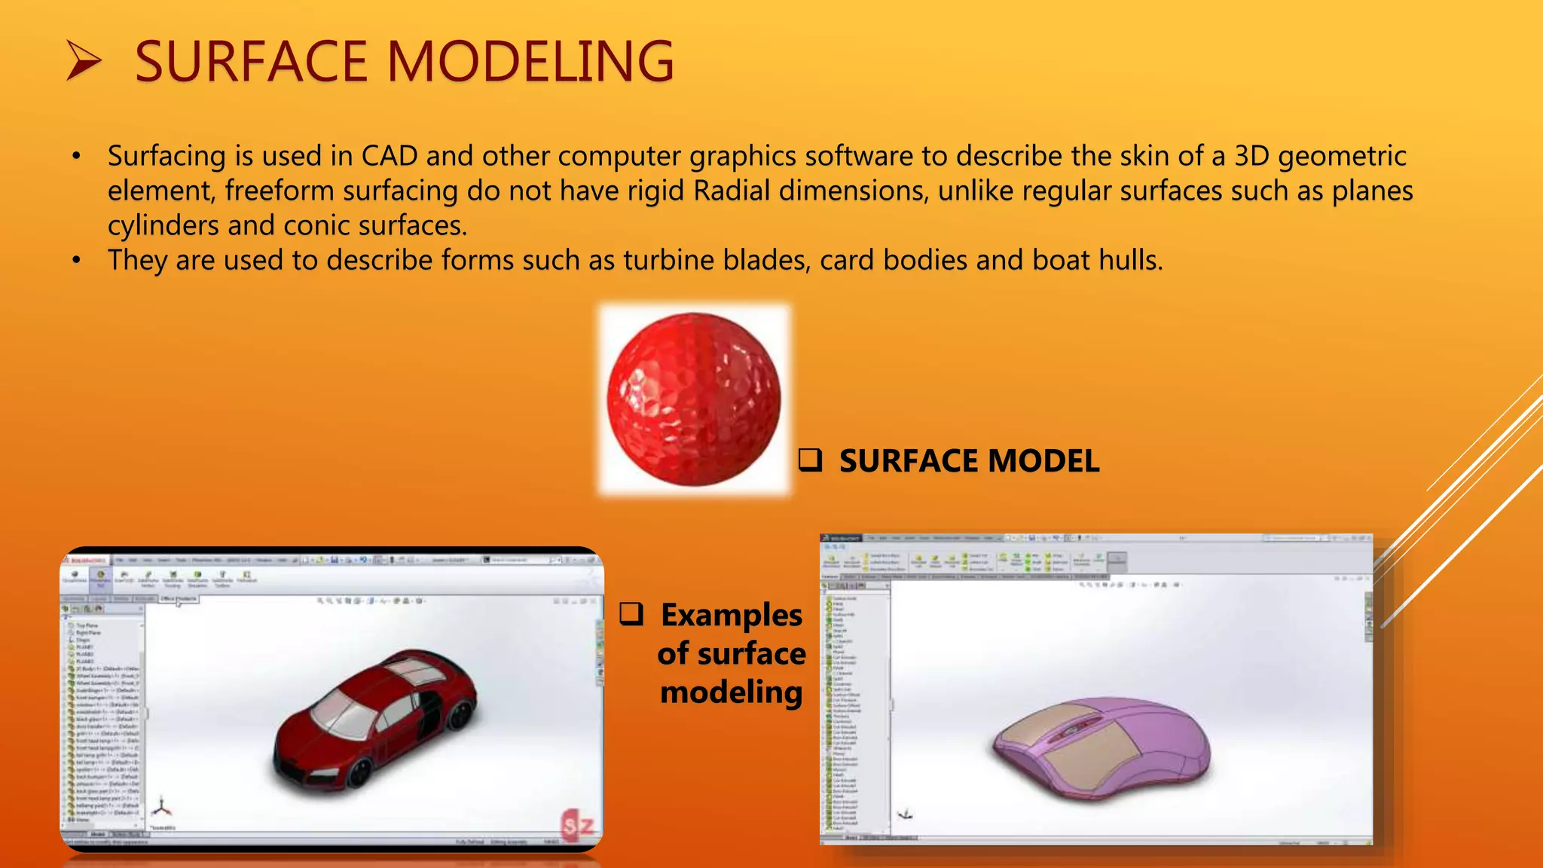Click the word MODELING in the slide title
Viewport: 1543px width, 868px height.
(x=530, y=62)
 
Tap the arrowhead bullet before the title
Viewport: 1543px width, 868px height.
(x=83, y=61)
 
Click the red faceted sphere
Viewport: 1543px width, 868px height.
(x=694, y=399)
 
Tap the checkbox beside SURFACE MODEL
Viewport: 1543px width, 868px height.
(x=810, y=460)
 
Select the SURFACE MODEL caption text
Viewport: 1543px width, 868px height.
(x=969, y=461)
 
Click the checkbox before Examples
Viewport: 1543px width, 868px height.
(x=631, y=614)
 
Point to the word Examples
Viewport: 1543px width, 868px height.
(x=732, y=616)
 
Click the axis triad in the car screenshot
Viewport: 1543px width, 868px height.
(x=161, y=808)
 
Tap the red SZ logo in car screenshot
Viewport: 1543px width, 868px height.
(x=578, y=826)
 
